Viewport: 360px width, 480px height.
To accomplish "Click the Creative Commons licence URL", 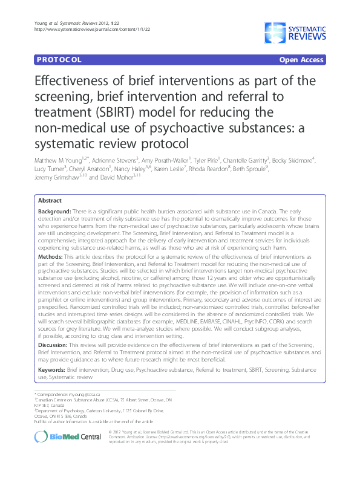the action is coord(266,441).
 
